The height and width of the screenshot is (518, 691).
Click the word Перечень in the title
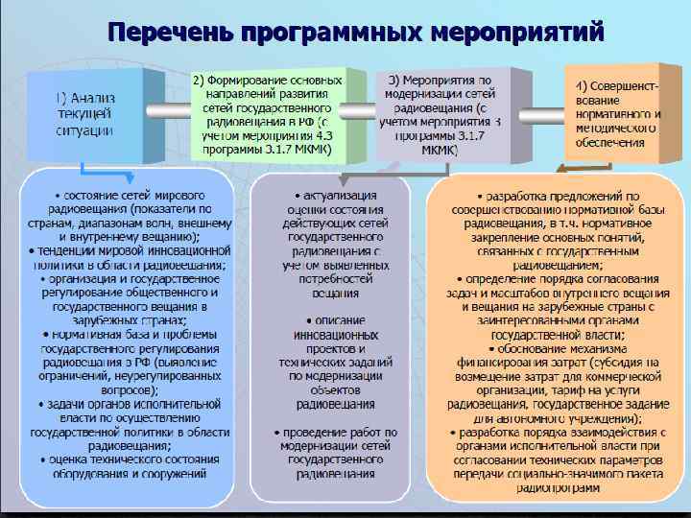click(168, 31)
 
